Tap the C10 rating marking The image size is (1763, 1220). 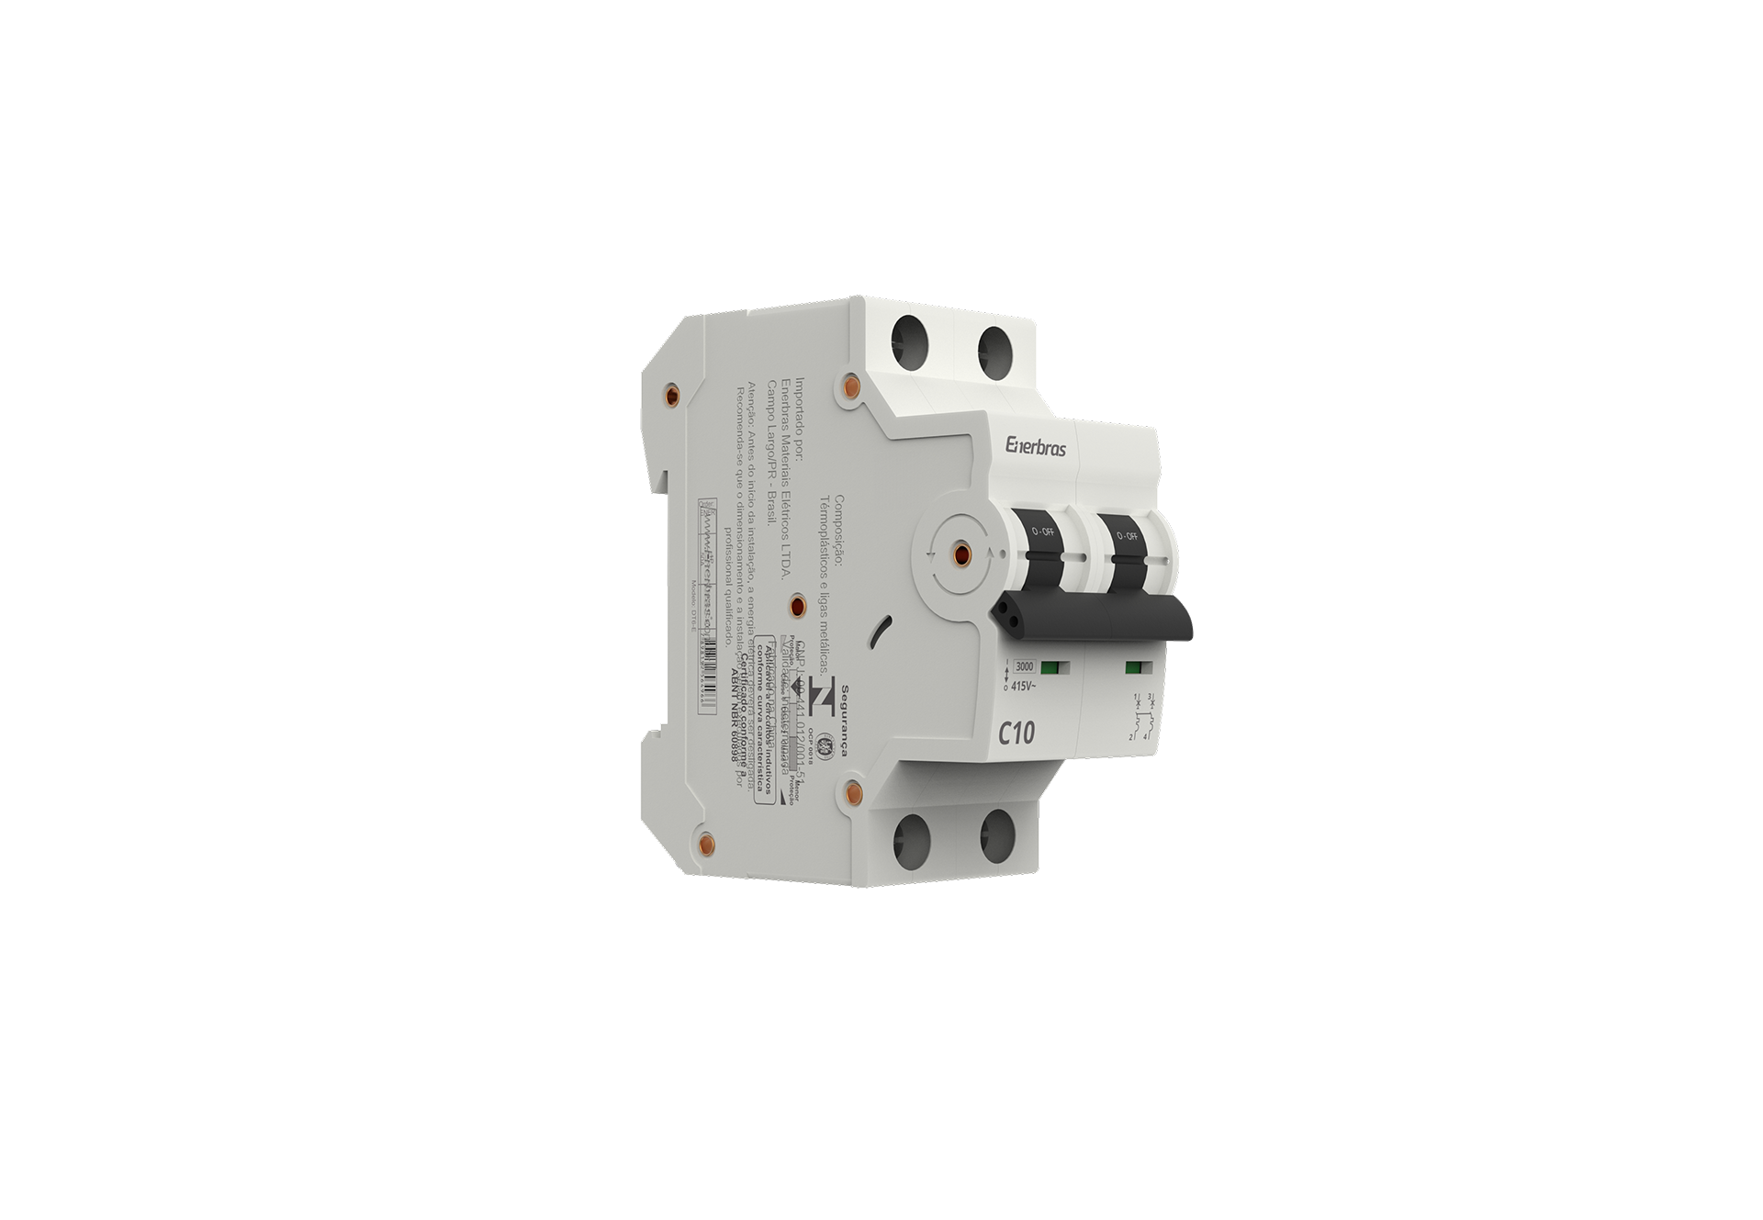(1016, 733)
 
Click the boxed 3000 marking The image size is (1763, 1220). (1024, 666)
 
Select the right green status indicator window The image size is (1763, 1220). (1133, 667)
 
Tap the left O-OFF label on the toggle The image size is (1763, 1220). (1042, 533)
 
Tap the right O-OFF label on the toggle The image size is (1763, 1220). (1126, 535)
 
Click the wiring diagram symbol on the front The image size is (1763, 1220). (1140, 718)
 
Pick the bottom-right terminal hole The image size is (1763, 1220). (998, 836)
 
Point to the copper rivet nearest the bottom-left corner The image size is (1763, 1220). (705, 843)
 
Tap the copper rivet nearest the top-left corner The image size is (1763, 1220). (671, 396)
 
